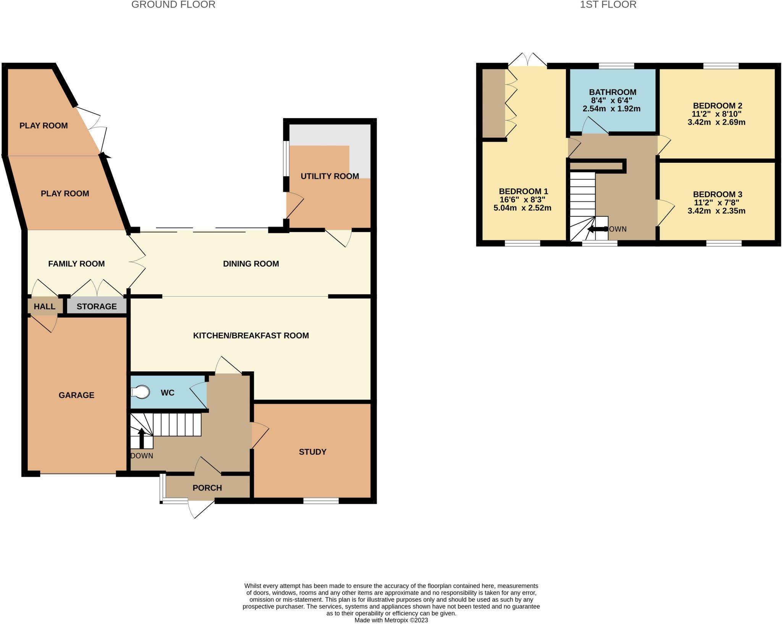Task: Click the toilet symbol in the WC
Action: point(140,392)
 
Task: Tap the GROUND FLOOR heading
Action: point(173,5)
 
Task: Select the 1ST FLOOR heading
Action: point(608,5)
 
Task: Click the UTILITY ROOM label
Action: point(330,176)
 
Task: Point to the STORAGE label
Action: point(97,306)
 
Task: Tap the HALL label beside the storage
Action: point(44,306)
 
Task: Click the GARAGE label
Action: point(76,395)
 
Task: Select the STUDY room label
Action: point(312,452)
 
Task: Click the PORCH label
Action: point(207,488)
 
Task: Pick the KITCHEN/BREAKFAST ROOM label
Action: point(251,336)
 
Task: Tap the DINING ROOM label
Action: point(251,264)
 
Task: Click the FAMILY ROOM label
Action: point(76,264)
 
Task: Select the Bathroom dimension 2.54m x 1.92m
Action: point(611,109)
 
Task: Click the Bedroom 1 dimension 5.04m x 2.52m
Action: point(522,208)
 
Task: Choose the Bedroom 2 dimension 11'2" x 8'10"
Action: point(716,114)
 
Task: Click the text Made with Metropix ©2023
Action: point(391,620)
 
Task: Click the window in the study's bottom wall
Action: point(321,500)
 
